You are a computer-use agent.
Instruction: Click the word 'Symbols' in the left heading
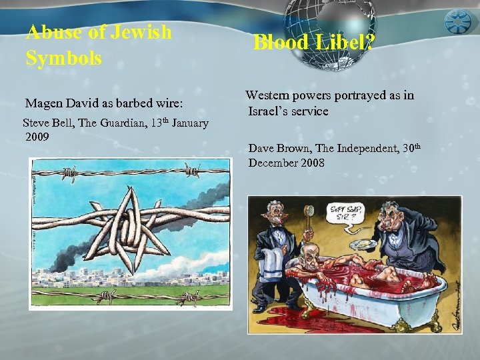tap(64, 58)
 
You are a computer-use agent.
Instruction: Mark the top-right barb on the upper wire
tap(192, 171)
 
